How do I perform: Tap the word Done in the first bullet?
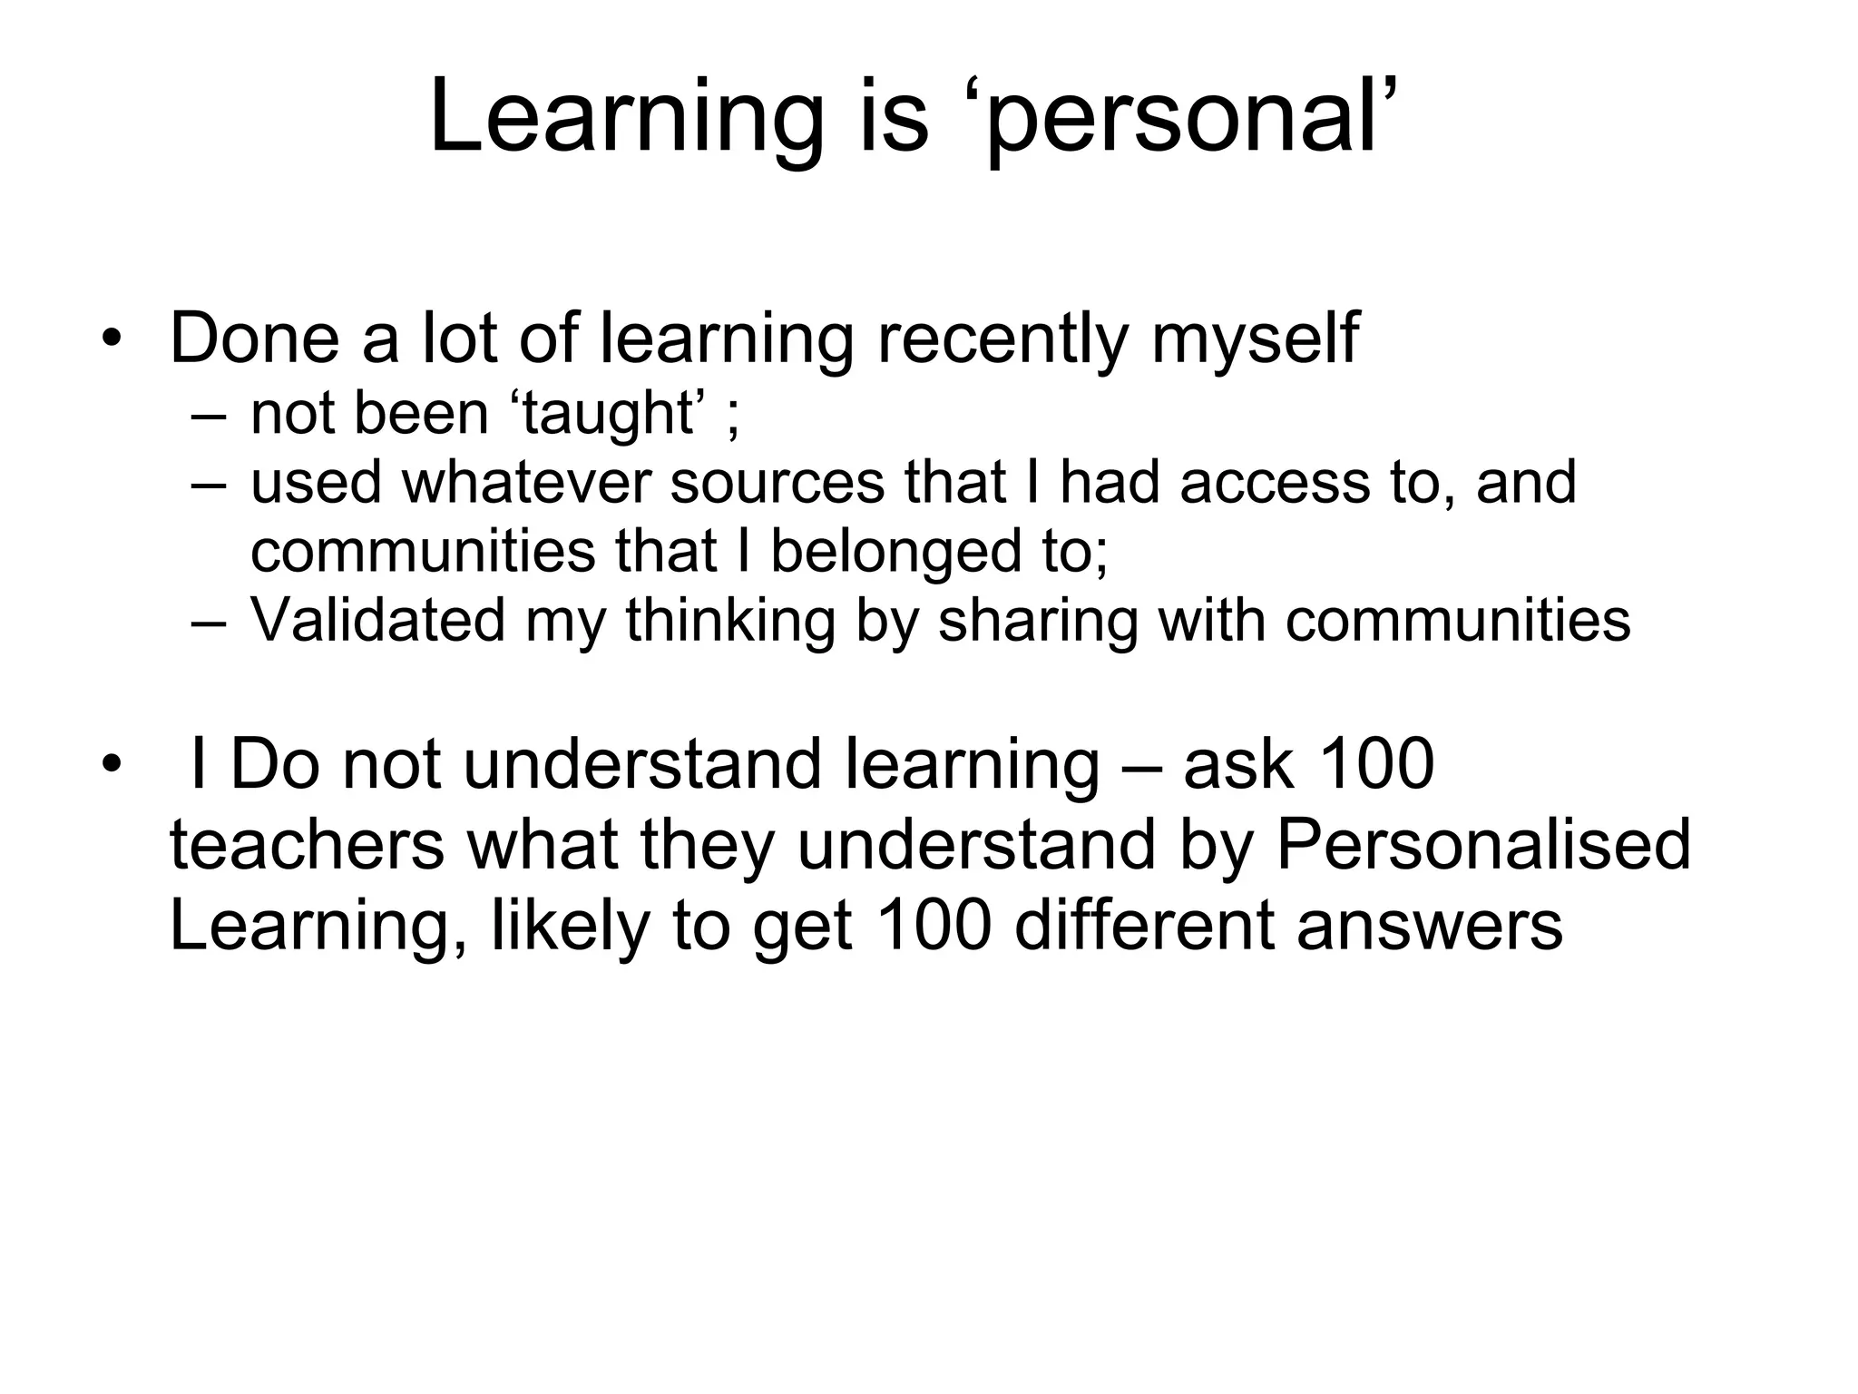click(x=253, y=338)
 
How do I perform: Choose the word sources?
click(x=777, y=482)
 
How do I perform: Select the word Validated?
click(x=377, y=620)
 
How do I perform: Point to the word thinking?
click(x=729, y=622)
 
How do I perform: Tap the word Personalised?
click(x=1483, y=845)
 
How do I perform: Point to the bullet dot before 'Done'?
click(x=111, y=339)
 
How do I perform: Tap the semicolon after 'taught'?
click(x=733, y=419)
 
